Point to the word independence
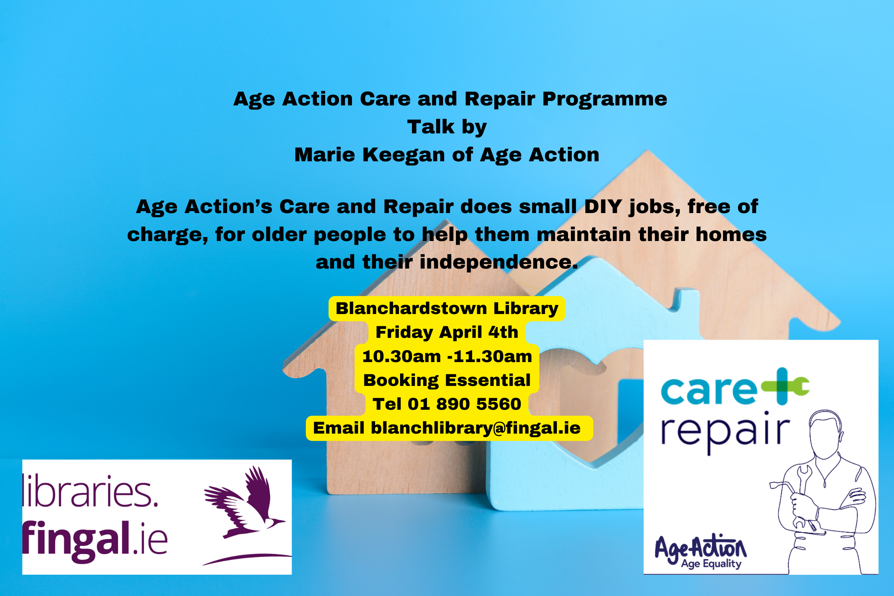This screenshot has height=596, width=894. pyautogui.click(x=498, y=262)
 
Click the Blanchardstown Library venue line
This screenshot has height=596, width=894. pyautogui.click(x=447, y=309)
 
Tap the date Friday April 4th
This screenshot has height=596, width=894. pyautogui.click(x=447, y=333)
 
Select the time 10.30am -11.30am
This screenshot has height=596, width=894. pyautogui.click(x=447, y=356)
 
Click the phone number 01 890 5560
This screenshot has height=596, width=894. pyautogui.click(x=465, y=404)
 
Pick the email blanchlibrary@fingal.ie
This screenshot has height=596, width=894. pyautogui.click(x=476, y=428)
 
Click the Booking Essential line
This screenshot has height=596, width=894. pyautogui.click(x=447, y=380)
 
